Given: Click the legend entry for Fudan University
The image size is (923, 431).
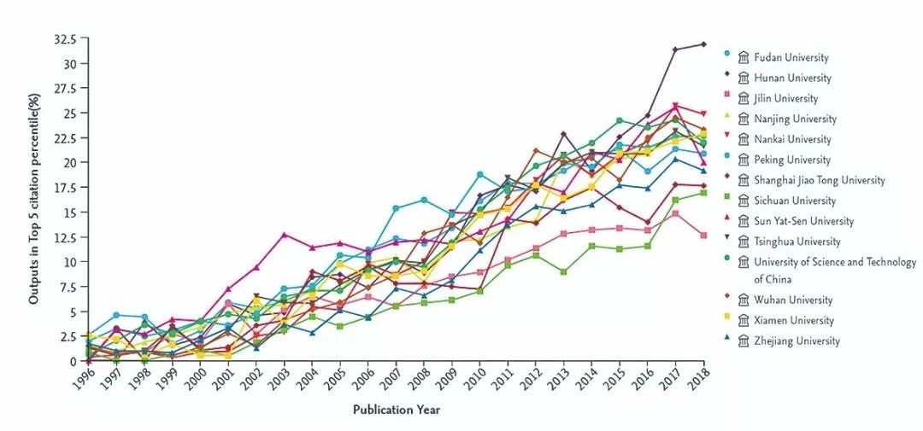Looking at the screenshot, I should pos(791,58).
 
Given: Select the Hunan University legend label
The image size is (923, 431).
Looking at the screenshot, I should pos(791,79).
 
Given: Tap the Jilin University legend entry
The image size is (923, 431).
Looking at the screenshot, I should pos(785,99).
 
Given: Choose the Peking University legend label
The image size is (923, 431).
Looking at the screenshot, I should pos(791,160).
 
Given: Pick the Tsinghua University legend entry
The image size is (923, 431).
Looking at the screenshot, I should pos(797,242).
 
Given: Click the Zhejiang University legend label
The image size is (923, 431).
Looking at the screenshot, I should pos(797,341).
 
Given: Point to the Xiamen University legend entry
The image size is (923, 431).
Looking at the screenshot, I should pos(793,321).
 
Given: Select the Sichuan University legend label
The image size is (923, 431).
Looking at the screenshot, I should pos(794,201).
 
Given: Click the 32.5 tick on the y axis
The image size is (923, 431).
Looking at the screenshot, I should pos(66,39).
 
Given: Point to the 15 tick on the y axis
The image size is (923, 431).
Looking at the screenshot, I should pos(72,213).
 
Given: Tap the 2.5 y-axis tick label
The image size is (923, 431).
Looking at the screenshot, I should pos(69,337).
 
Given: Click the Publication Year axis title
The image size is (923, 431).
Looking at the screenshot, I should pos(397,411).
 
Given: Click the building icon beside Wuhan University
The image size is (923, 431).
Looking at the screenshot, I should pos(744,300).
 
